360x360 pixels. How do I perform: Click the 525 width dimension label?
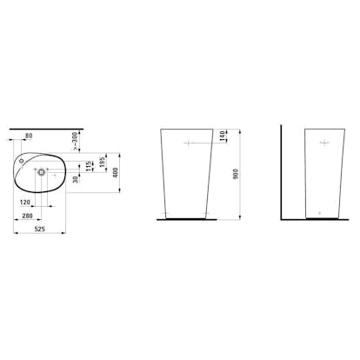[x=40, y=229]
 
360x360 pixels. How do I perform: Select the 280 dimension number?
[x=27, y=216]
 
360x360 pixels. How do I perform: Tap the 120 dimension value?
[x=25, y=203]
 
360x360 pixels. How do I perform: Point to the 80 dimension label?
[x=29, y=136]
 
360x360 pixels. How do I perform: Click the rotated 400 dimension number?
[x=116, y=172]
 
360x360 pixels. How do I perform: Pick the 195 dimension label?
[x=102, y=163]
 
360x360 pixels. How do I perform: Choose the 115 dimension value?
[x=90, y=166]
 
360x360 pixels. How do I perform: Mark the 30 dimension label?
[x=76, y=179]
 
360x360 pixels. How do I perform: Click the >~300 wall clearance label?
[x=75, y=142]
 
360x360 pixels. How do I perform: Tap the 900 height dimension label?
[x=236, y=174]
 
